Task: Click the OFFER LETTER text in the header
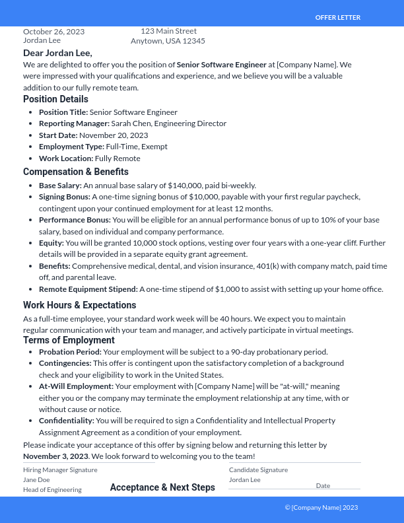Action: pyautogui.click(x=337, y=17)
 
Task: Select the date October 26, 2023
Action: pyautogui.click(x=53, y=31)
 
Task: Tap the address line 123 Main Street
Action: pyautogui.click(x=168, y=30)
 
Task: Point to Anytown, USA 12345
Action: pyautogui.click(x=168, y=41)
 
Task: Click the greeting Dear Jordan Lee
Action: pyautogui.click(x=57, y=53)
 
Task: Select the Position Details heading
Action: pyautogui.click(x=55, y=99)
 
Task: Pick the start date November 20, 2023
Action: pyautogui.click(x=114, y=135)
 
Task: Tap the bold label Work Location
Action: pyautogui.click(x=65, y=158)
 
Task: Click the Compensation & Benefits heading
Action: pyautogui.click(x=76, y=172)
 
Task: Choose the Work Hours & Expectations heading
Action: pyautogui.click(x=79, y=305)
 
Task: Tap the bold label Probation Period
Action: pyautogui.click(x=70, y=352)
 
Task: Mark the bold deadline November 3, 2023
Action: pyautogui.click(x=55, y=456)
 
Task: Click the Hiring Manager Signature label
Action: pyautogui.click(x=60, y=470)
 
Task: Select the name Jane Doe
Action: pyautogui.click(x=36, y=480)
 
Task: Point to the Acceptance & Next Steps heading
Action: pyautogui.click(x=162, y=487)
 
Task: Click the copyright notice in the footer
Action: pyautogui.click(x=321, y=507)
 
